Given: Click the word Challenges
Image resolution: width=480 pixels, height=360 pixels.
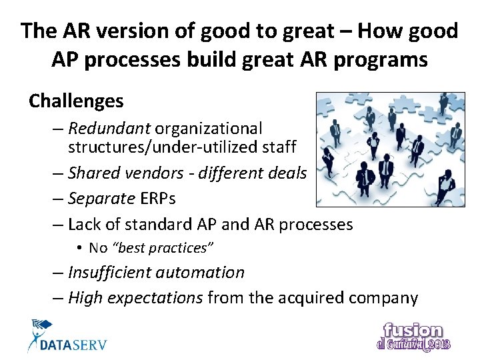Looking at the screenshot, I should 76,101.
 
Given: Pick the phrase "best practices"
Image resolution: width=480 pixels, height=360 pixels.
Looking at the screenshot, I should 165,248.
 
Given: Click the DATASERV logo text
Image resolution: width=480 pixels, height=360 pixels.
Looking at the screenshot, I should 73,345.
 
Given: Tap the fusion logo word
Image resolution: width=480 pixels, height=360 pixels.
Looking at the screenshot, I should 413,330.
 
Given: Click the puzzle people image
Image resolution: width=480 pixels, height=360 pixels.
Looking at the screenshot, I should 389,149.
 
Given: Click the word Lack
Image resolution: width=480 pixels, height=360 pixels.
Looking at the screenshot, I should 85,224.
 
